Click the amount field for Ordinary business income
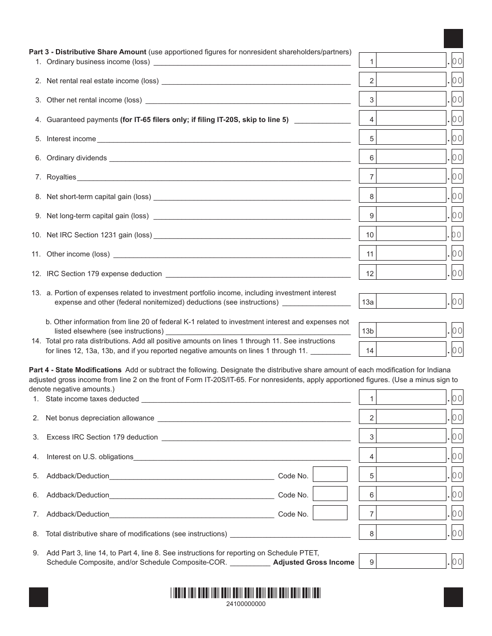(411, 62)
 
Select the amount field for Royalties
(411, 177)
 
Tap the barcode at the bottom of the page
(246, 593)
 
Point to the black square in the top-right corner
(453, 39)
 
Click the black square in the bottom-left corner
(38, 597)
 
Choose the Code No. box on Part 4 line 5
(330, 475)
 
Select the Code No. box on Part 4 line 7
(330, 513)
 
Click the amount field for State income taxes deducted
(411, 399)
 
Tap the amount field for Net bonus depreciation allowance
(411, 418)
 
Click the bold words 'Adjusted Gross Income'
(314, 562)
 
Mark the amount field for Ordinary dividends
(411, 158)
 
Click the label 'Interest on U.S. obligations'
(90, 457)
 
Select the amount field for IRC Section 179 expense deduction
(411, 274)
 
